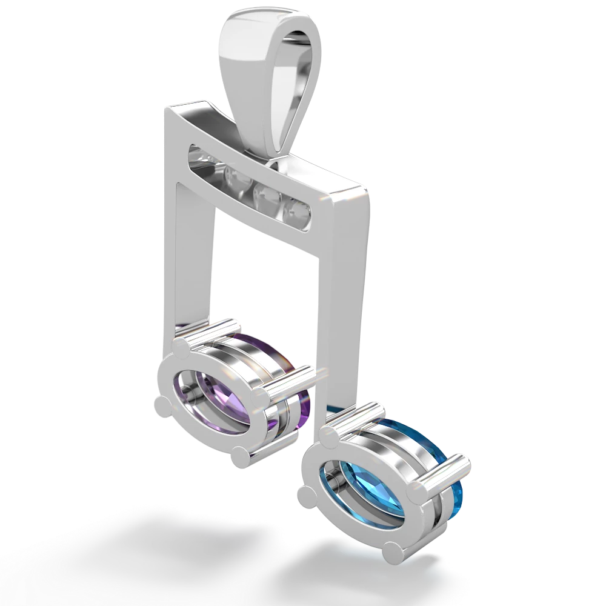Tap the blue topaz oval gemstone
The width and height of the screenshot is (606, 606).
click(351, 479)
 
